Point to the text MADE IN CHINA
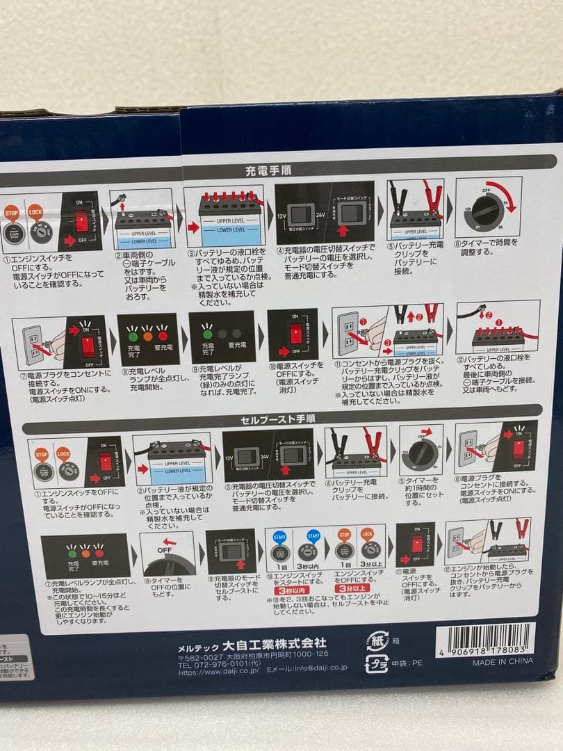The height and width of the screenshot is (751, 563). (503, 661)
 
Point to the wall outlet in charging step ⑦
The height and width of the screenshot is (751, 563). (33, 341)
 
